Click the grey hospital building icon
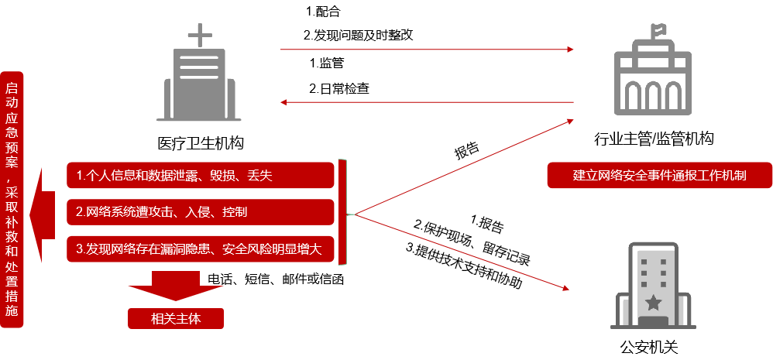click(199, 81)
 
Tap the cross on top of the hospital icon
click(200, 35)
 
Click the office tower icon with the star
click(653, 286)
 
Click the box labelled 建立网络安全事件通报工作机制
click(659, 175)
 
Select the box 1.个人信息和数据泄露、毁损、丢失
click(200, 176)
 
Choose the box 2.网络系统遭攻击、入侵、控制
click(200, 211)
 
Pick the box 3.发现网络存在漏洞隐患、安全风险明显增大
click(200, 249)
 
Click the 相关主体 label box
click(176, 318)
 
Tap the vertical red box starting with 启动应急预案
click(12, 199)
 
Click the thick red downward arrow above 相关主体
click(176, 286)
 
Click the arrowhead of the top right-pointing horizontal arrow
click(571, 50)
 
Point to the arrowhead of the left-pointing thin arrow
click(284, 102)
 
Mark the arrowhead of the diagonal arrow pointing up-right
click(569, 121)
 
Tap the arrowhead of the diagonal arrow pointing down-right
click(565, 288)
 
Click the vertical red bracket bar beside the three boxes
click(342, 212)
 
